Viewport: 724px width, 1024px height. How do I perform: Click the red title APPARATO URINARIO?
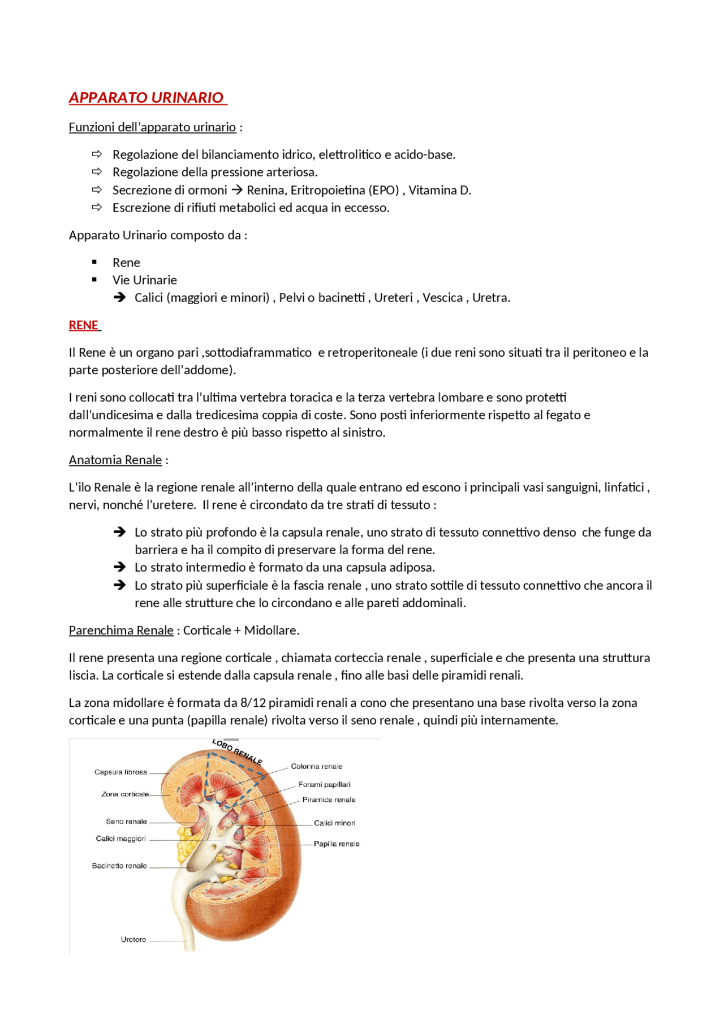tap(146, 98)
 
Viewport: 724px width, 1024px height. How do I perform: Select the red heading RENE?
tap(84, 325)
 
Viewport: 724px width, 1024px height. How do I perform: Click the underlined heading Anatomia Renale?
tap(115, 460)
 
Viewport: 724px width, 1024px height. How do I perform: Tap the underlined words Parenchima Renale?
tap(121, 630)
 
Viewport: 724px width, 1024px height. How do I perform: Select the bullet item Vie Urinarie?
tap(144, 280)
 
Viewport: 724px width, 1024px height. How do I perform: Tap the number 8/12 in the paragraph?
tap(253, 703)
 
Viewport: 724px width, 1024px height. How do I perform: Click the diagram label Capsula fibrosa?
tap(120, 772)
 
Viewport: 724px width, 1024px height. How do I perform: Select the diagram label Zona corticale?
tap(125, 794)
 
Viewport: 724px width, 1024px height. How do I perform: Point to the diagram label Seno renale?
tap(126, 822)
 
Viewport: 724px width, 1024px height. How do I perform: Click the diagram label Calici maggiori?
tap(121, 839)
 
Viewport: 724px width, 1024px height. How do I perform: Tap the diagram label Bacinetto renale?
tap(119, 866)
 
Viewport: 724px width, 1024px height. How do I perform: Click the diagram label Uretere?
tap(133, 940)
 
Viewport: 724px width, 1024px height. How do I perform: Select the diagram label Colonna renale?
tap(316, 767)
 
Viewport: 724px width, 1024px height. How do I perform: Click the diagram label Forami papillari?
tap(324, 785)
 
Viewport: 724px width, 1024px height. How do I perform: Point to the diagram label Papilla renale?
tap(337, 844)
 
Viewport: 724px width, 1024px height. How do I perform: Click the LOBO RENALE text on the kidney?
tap(237, 751)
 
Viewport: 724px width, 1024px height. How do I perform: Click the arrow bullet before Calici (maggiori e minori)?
tap(119, 297)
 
